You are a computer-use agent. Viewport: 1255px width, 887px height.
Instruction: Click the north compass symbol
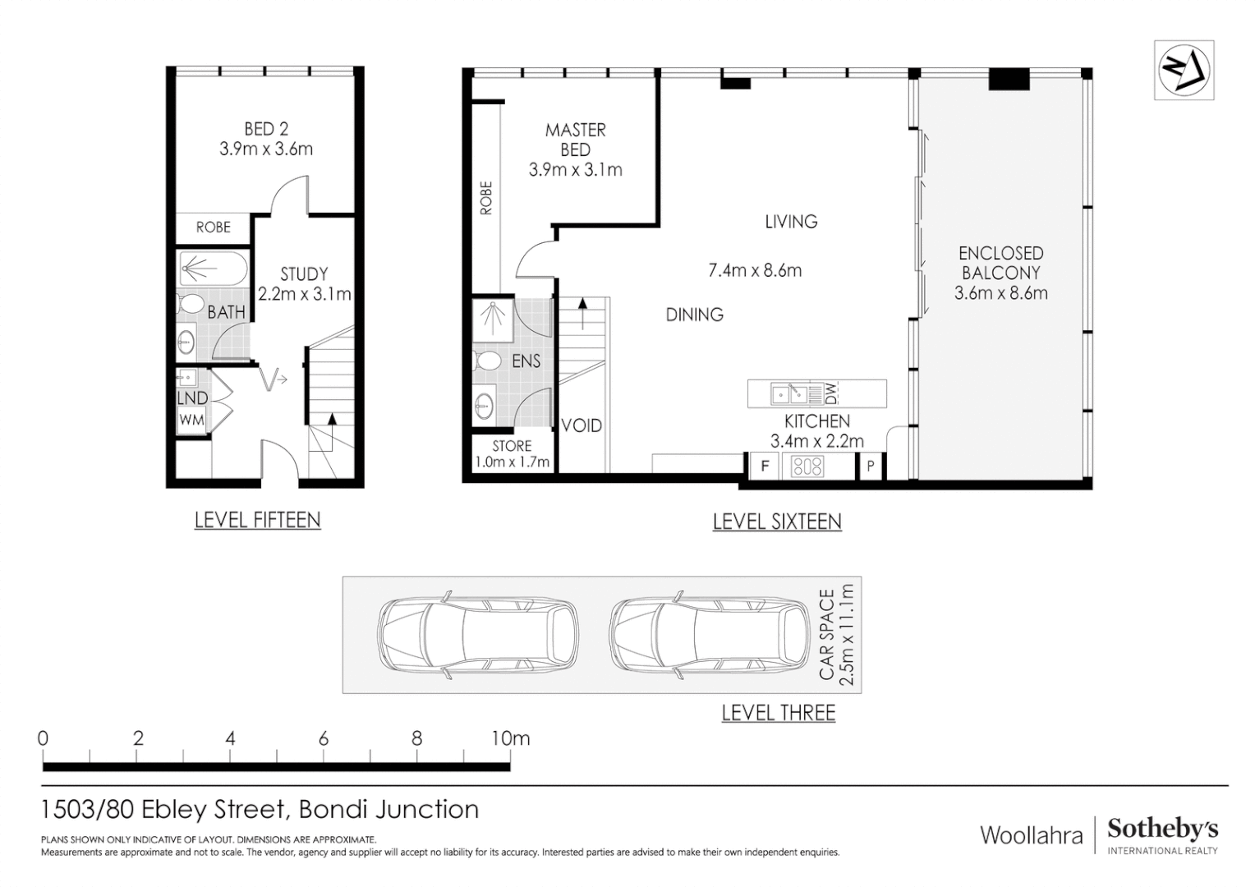point(1184,70)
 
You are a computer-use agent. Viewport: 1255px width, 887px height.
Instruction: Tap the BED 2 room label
point(266,130)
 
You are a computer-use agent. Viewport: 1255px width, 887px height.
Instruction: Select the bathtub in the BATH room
point(214,269)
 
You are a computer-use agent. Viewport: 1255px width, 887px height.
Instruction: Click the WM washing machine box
point(191,421)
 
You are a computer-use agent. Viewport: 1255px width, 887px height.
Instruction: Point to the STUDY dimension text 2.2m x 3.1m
point(304,293)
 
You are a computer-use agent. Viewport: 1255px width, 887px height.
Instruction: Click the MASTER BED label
point(576,140)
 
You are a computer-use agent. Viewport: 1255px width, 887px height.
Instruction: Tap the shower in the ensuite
point(493,320)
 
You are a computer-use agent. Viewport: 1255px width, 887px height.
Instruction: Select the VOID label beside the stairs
point(582,426)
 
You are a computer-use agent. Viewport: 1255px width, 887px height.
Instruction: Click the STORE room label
point(512,446)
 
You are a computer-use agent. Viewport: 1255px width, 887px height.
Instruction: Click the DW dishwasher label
point(830,393)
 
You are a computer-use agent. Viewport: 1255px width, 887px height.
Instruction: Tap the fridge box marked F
point(765,466)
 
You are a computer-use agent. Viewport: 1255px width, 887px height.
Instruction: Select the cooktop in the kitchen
point(807,466)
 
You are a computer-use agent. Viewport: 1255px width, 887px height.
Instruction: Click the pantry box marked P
point(870,466)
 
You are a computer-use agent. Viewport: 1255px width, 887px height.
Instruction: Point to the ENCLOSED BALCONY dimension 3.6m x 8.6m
point(1000,293)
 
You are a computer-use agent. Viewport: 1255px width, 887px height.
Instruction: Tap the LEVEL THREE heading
point(778,713)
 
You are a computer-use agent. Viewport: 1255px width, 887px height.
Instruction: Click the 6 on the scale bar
point(324,739)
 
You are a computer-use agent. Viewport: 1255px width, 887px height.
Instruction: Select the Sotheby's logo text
point(1162,830)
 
